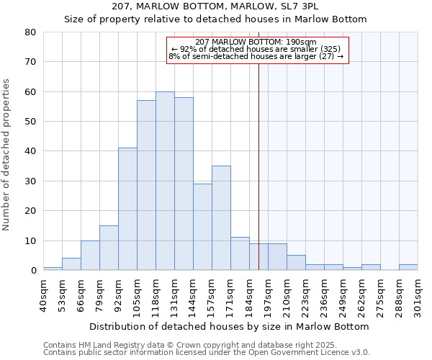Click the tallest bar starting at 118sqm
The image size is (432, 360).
coord(165,181)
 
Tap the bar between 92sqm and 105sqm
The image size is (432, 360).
coord(127,209)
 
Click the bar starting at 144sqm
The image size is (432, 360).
coord(202,227)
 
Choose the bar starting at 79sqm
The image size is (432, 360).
coord(109,248)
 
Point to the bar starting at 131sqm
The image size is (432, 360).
coord(184,184)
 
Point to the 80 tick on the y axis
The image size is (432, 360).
coord(30,32)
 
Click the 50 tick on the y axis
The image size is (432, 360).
coord(30,121)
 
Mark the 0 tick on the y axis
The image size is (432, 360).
coord(33,270)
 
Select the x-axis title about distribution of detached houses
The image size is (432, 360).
coord(230,326)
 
